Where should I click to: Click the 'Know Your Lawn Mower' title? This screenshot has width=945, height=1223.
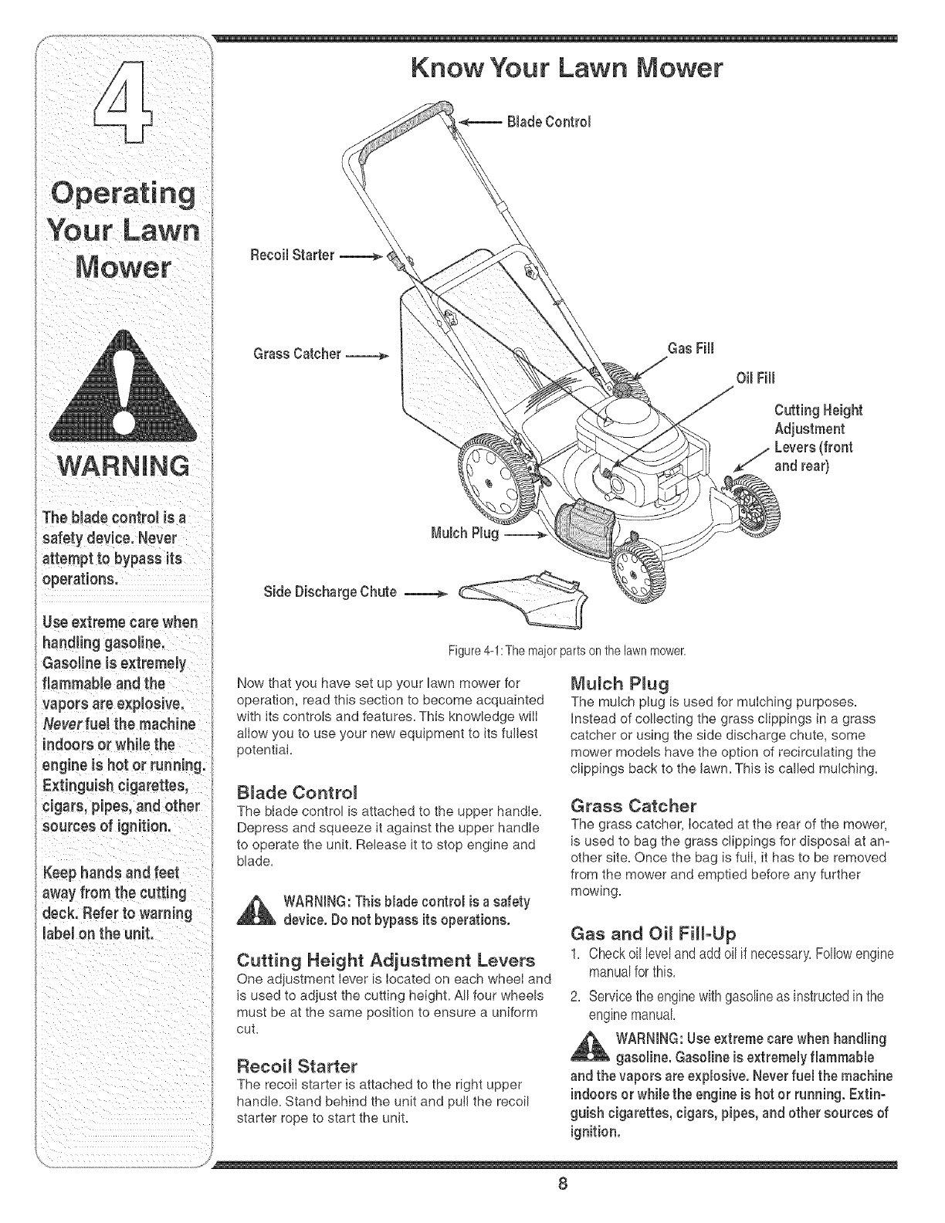[567, 69]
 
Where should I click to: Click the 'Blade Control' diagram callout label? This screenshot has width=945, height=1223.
[550, 122]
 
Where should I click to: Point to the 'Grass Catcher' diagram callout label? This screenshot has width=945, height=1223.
[297, 354]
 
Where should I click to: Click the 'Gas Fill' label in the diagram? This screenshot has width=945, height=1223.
[692, 348]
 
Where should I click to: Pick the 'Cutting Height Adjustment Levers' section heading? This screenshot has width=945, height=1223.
[385, 961]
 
